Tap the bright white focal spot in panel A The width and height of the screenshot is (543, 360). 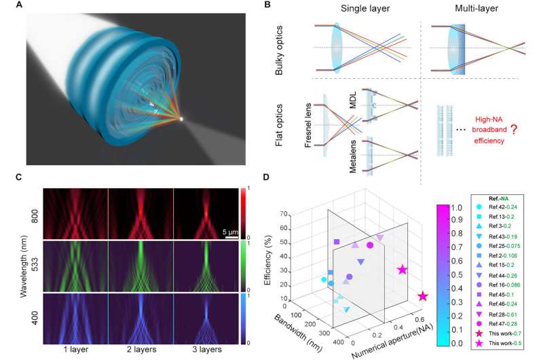(x=181, y=120)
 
